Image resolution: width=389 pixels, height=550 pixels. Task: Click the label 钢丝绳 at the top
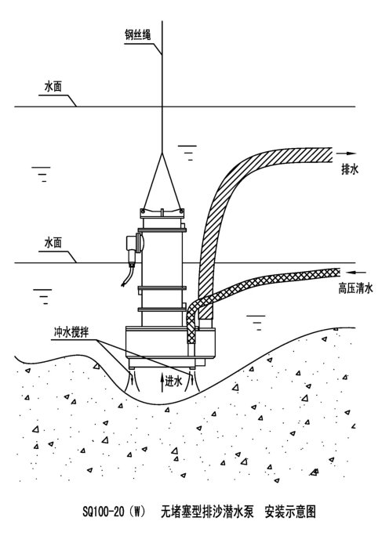click(x=138, y=35)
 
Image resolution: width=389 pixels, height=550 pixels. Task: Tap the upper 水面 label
click(x=53, y=87)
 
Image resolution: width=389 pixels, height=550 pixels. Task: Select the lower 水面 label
click(x=53, y=243)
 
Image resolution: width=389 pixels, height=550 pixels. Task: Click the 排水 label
click(x=350, y=170)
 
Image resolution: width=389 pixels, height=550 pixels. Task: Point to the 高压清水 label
click(x=355, y=288)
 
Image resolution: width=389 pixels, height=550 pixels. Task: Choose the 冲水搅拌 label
click(x=71, y=332)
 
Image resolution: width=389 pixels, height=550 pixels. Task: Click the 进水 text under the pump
click(x=174, y=381)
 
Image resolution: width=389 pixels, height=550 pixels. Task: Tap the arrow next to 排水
click(x=346, y=154)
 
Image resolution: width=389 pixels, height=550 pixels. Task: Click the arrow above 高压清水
click(x=355, y=272)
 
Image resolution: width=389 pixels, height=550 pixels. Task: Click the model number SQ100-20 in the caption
click(x=104, y=512)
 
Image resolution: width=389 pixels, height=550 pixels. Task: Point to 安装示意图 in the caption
click(x=290, y=512)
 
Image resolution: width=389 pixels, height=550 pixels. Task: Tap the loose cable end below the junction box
click(x=123, y=284)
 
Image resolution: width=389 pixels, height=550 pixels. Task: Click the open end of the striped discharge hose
click(x=332, y=154)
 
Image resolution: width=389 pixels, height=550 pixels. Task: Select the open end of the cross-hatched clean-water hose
click(x=339, y=272)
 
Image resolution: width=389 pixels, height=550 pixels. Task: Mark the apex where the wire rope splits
click(x=162, y=153)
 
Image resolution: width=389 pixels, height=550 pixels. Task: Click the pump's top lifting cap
click(x=162, y=212)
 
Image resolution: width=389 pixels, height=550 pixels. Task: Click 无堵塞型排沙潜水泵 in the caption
click(x=207, y=512)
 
